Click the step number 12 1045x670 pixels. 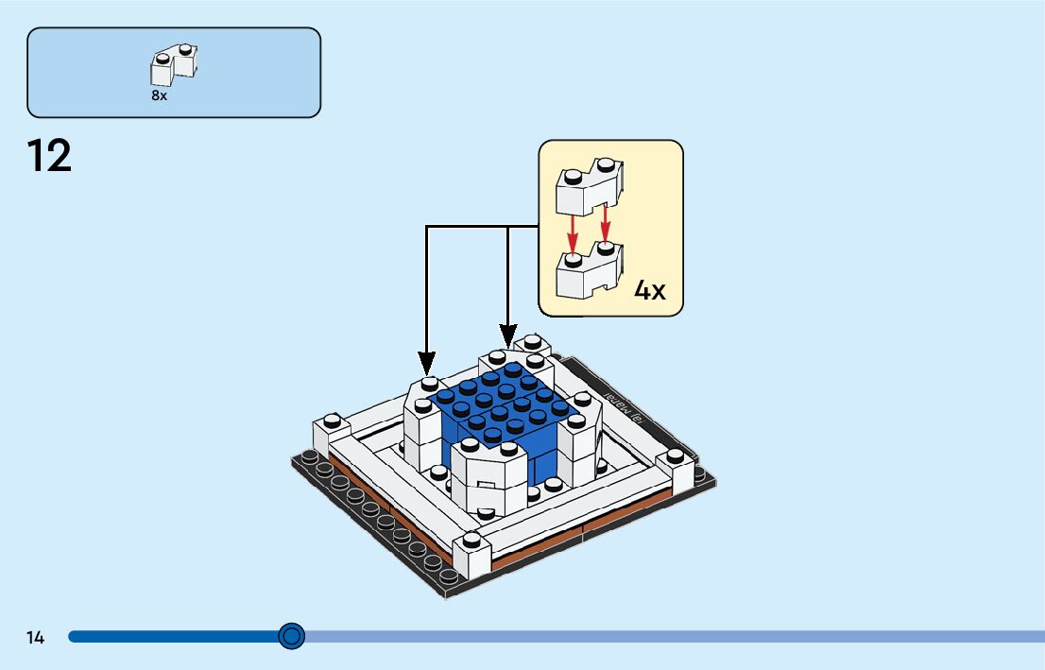coord(49,156)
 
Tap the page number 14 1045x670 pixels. coord(35,638)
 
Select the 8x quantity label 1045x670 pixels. coord(159,95)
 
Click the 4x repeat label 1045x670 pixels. coord(649,290)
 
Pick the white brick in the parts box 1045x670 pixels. coord(175,64)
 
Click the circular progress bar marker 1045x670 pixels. coord(292,636)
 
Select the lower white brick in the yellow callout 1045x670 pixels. coord(586,271)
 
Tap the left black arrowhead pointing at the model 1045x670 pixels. coord(427,362)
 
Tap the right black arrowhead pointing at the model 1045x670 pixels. coord(508,335)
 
